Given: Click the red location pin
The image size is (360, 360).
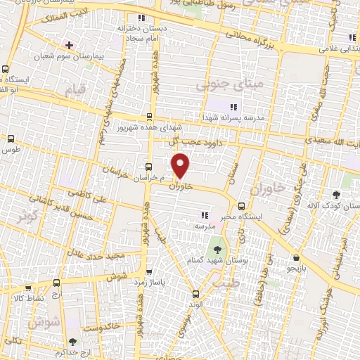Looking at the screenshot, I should (x=182, y=164).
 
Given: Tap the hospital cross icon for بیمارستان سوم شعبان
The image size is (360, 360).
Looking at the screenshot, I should (x=68, y=44).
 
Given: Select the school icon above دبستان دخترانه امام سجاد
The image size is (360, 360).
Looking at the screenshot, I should (x=142, y=18).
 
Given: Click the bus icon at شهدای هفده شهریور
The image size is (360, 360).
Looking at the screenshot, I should (x=148, y=117).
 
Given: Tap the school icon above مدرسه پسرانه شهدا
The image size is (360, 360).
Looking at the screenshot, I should (x=233, y=106).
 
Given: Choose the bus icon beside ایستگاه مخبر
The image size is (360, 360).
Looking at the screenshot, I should (x=242, y=207).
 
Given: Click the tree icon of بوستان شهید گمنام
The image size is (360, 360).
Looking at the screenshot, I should (x=215, y=248).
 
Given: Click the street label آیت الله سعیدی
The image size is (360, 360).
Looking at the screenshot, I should (x=335, y=143).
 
